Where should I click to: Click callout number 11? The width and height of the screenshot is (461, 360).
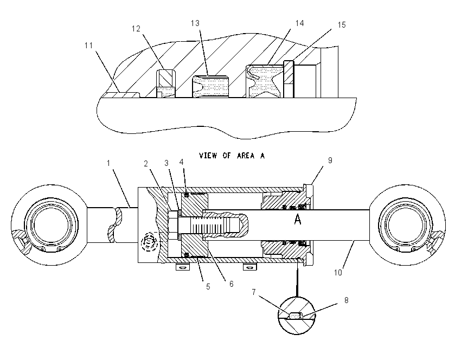(89, 46)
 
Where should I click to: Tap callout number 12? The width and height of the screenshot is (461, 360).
(136, 29)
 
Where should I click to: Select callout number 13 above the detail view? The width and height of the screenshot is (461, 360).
(195, 23)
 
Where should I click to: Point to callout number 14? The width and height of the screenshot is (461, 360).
(299, 23)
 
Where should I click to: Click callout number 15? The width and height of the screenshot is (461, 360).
(342, 25)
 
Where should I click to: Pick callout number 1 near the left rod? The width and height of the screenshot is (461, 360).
(108, 163)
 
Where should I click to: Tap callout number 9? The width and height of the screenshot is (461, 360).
(330, 160)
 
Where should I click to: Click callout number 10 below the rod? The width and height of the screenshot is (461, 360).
(338, 273)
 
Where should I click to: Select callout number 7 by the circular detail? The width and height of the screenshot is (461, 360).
(254, 292)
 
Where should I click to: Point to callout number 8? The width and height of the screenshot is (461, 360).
(347, 300)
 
